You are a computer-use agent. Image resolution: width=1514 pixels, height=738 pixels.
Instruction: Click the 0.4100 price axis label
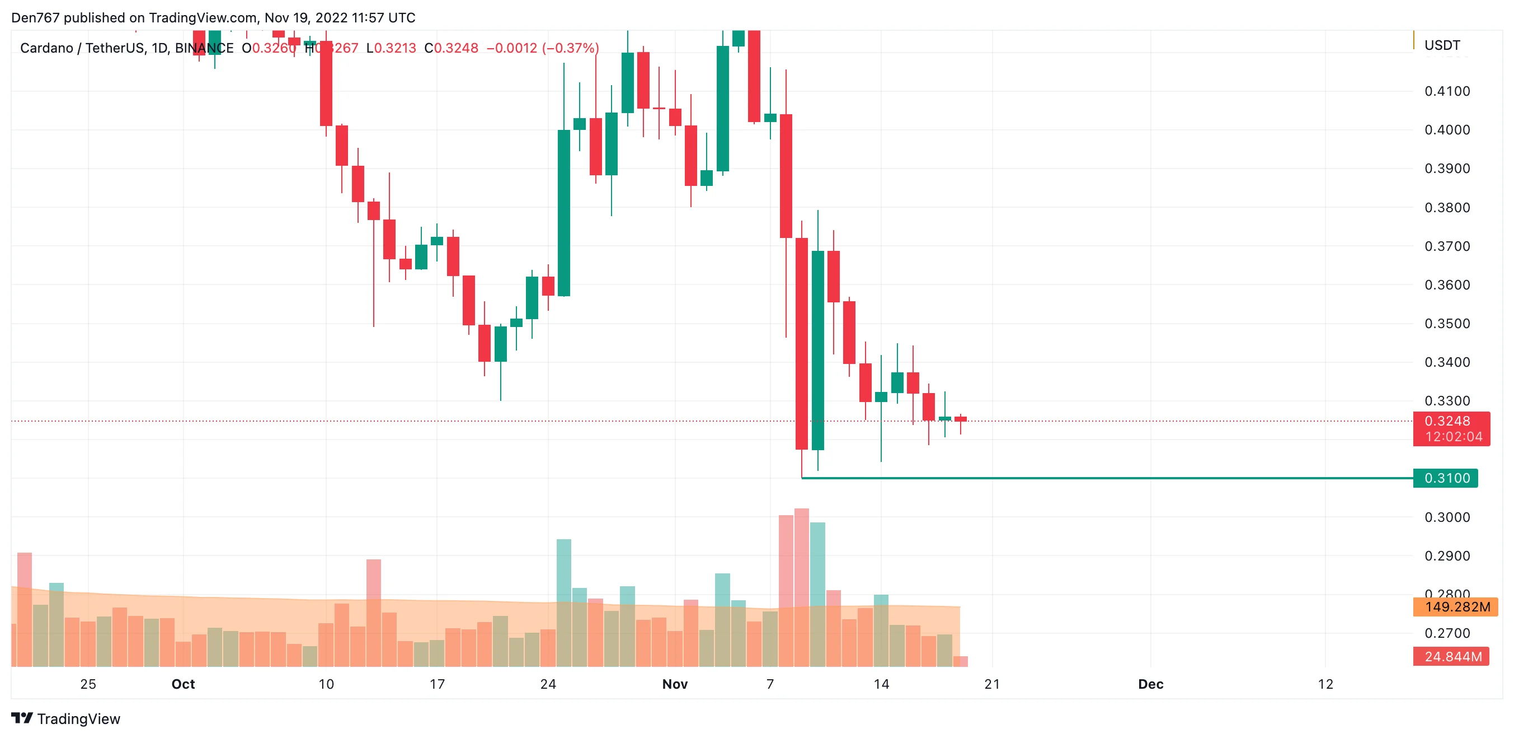click(1446, 91)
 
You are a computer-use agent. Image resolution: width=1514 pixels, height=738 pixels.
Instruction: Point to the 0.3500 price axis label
click(1446, 324)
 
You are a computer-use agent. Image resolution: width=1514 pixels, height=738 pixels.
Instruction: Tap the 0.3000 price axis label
click(1446, 517)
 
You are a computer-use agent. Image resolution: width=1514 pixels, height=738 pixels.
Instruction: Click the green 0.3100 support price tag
click(1445, 478)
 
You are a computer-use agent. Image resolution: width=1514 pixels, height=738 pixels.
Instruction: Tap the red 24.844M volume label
click(1452, 656)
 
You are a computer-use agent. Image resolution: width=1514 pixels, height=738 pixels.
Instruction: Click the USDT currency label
click(1442, 45)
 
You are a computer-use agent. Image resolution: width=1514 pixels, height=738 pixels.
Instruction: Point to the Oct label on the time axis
click(183, 684)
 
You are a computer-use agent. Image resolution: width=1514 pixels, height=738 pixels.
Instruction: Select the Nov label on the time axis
click(675, 684)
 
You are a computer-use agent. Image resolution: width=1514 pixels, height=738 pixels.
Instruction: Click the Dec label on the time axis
click(1150, 684)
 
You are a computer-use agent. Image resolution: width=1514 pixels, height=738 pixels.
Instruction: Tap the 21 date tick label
click(992, 684)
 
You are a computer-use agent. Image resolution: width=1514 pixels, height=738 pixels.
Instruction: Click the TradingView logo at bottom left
click(66, 718)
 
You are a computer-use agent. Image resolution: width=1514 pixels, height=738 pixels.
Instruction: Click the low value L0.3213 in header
click(391, 48)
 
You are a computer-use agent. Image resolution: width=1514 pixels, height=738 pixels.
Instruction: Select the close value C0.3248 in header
click(452, 48)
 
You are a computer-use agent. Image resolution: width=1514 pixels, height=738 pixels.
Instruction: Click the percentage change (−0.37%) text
click(570, 48)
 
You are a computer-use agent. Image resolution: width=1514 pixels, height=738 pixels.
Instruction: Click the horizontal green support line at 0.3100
click(1117, 478)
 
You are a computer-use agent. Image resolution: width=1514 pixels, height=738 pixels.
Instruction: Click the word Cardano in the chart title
click(46, 48)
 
